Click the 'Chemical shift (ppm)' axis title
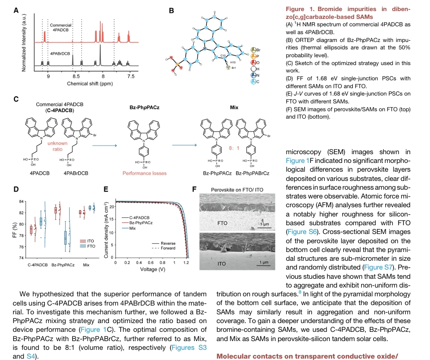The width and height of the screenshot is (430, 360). tap(90, 84)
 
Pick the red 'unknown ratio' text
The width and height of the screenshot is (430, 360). tap(61, 146)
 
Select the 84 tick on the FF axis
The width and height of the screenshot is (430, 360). tap(20, 201)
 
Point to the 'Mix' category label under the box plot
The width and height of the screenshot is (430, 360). tap(86, 265)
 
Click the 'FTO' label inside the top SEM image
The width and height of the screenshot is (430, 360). tap(222, 223)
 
